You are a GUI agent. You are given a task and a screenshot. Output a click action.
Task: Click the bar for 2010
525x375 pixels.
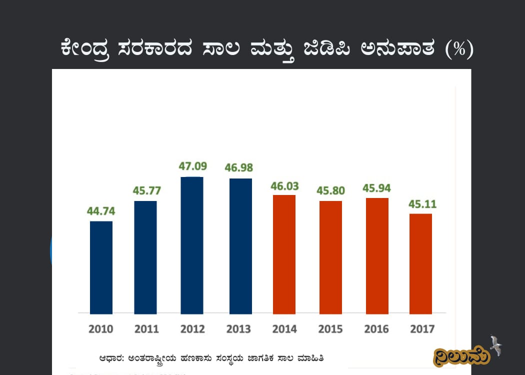(x=101, y=267)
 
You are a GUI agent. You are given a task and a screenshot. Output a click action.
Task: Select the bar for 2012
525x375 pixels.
(x=192, y=245)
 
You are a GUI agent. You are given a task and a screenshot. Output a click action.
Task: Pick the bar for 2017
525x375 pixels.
(x=420, y=263)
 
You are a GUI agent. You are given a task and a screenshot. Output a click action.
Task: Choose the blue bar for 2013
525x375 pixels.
(x=240, y=246)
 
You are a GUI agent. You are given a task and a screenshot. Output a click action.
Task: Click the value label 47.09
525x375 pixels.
(x=193, y=166)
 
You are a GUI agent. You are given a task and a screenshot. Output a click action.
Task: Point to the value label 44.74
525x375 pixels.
(x=101, y=211)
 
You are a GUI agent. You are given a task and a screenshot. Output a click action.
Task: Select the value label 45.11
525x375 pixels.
(x=422, y=204)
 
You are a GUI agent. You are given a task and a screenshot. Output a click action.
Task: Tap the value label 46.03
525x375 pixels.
(x=284, y=186)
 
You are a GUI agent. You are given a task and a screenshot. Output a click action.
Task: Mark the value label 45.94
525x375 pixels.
(x=377, y=188)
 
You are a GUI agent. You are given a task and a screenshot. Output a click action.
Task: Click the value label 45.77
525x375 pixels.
(x=146, y=190)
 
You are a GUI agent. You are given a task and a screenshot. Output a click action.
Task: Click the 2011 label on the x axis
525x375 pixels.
(x=146, y=329)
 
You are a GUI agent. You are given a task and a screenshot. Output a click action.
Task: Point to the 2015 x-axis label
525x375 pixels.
(x=330, y=329)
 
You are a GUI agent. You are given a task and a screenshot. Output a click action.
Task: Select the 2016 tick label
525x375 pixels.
(x=376, y=329)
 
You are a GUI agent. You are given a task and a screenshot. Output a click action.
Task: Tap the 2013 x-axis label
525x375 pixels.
(x=238, y=329)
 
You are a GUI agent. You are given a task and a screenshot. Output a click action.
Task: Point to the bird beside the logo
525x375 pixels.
(x=496, y=345)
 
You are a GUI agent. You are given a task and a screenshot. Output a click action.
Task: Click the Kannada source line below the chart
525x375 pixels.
(x=214, y=358)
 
